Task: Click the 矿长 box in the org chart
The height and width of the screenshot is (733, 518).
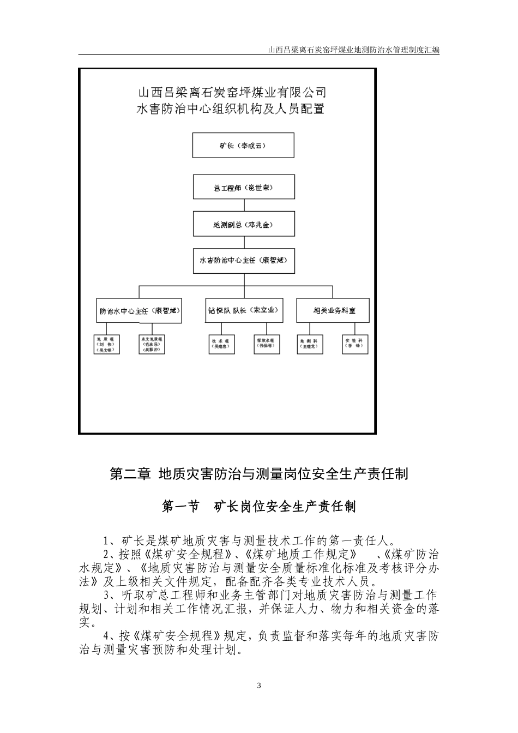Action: click(x=243, y=146)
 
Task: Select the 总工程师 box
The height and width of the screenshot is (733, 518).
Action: click(x=243, y=188)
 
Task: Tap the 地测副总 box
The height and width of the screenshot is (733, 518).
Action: click(x=243, y=224)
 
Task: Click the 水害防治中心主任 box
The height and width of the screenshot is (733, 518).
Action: click(x=243, y=261)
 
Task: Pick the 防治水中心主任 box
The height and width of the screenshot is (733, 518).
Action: click(x=138, y=311)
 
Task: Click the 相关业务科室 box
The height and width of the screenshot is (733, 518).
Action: click(x=334, y=310)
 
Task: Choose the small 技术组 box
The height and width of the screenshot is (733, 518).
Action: click(x=221, y=344)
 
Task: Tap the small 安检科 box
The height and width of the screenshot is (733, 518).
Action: click(x=354, y=344)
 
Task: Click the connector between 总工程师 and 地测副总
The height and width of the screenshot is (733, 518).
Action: click(x=244, y=206)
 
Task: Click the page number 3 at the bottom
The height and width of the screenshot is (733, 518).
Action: click(x=259, y=686)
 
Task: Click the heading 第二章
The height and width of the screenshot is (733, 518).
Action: click(x=130, y=474)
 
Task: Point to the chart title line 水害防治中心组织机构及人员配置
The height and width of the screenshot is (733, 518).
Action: click(x=231, y=109)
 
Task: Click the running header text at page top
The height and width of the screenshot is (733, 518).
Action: click(x=354, y=50)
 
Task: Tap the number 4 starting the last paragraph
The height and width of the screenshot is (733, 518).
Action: click(x=107, y=636)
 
